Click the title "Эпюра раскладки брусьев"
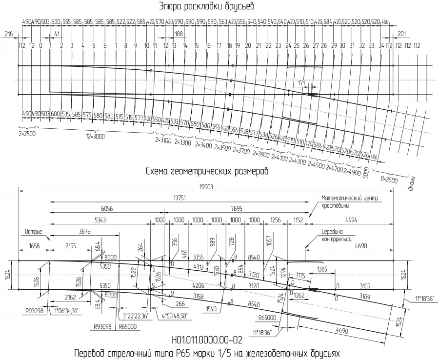point(207,6)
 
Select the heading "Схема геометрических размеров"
point(207,172)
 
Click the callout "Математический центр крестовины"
point(350,201)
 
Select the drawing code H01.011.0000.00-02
point(207,340)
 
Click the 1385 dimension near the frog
point(321,269)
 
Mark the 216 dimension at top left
point(8,34)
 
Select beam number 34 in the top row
point(381,45)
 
